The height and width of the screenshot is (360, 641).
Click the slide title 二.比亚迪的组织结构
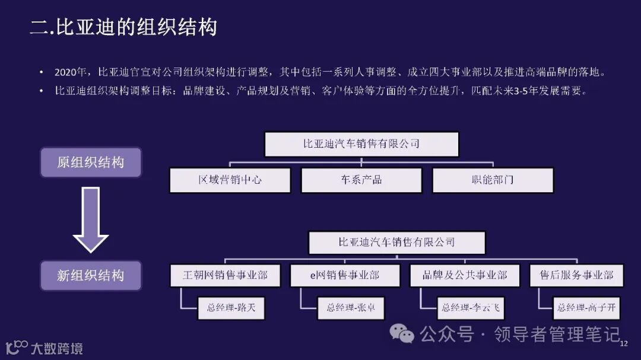[123, 27]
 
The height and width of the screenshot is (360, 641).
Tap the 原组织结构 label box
[91, 163]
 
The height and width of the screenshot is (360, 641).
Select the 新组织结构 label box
[91, 275]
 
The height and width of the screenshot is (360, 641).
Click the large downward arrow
[90, 219]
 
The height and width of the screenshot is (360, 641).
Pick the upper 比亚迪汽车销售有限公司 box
[361, 144]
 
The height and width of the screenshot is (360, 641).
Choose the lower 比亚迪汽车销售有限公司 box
[396, 243]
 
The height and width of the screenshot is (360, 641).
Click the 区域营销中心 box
[230, 180]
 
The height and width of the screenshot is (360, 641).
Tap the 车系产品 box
[361, 180]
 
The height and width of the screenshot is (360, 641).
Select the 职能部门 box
[493, 180]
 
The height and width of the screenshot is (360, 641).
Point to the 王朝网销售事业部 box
[225, 276]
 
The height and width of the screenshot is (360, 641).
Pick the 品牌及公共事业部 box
[465, 276]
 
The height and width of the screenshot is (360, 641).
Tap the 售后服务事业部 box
[576, 276]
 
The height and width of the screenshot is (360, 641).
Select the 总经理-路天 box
[231, 308]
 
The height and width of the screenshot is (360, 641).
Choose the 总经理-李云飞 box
[470, 308]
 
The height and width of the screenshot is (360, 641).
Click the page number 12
[623, 345]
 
